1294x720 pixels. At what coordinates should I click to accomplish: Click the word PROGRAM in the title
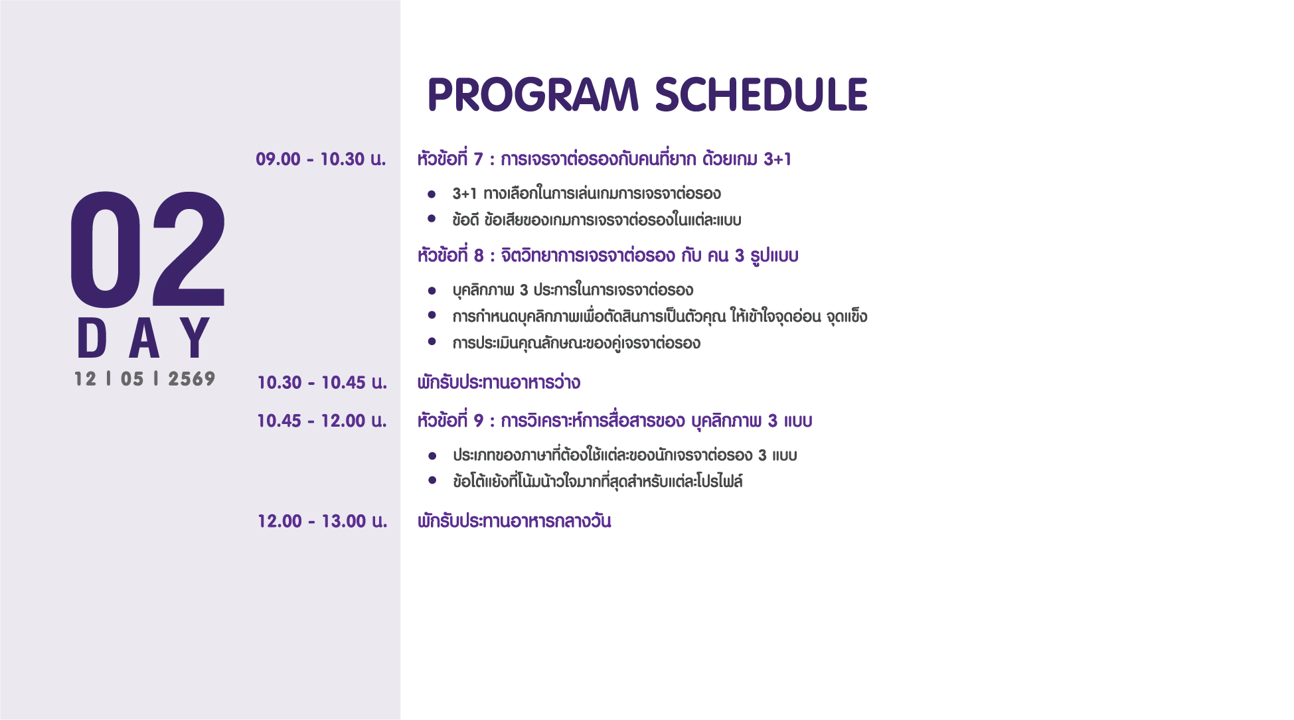point(533,94)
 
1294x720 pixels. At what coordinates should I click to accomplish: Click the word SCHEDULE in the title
point(762,94)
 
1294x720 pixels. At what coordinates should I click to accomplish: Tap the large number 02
point(148,250)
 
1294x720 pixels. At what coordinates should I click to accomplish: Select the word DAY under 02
point(144,338)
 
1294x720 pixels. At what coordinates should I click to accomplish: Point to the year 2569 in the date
point(192,379)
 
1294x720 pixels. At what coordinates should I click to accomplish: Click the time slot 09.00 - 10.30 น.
point(321,159)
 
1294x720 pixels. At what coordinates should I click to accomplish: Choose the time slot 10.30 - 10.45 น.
point(322,382)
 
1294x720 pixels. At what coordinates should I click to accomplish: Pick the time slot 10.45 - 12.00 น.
point(322,421)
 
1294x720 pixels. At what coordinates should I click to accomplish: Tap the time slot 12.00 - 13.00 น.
point(322,521)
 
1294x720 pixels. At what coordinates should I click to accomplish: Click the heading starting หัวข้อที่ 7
point(604,159)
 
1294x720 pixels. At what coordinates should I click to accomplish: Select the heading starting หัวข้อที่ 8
point(607,255)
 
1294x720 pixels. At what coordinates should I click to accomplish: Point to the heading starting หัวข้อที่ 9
point(615,421)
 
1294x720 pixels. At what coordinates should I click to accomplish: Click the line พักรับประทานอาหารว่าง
point(499,382)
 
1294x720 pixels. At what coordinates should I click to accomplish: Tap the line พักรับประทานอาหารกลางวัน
point(514,521)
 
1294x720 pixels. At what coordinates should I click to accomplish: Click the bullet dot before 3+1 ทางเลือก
point(432,194)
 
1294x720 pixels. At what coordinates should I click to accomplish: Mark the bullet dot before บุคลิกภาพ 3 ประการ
point(432,291)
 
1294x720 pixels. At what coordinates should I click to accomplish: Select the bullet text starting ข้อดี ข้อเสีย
point(597,220)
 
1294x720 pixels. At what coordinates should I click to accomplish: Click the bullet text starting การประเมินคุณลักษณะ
point(576,343)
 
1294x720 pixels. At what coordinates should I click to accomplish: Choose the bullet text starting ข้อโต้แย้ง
point(598,481)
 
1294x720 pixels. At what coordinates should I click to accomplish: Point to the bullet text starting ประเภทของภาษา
point(625,455)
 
